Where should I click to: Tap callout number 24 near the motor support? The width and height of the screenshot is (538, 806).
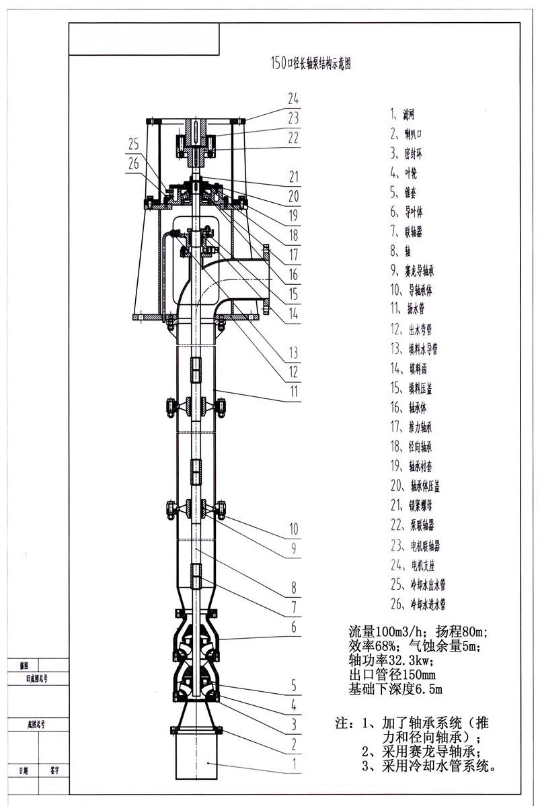click(293, 99)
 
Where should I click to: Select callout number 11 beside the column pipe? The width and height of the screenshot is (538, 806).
click(293, 390)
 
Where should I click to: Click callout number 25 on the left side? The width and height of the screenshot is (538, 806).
click(133, 143)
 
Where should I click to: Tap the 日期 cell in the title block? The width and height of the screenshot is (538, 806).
click(24, 772)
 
